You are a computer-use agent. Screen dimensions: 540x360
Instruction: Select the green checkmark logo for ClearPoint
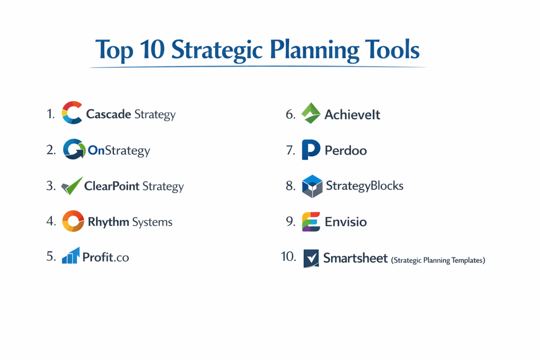[72, 186]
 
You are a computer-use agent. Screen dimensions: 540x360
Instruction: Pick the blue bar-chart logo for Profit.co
[71, 255]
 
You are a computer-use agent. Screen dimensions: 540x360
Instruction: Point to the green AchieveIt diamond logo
[311, 113]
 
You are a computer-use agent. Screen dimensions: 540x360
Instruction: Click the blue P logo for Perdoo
[311, 149]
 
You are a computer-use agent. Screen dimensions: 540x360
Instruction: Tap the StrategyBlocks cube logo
[312, 186]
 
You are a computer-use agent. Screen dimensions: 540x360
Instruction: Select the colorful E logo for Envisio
[311, 222]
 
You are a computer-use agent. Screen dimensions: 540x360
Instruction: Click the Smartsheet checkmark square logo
[311, 258]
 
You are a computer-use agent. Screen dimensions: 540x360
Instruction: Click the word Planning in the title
[314, 50]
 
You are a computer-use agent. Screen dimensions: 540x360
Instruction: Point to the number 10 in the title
[152, 49]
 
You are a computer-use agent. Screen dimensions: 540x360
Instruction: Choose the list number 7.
[291, 150]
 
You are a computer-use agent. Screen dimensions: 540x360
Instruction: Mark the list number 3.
[51, 186]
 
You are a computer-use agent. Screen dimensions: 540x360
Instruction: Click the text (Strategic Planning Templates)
[438, 260]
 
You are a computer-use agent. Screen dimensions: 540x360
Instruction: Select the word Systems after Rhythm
[152, 222]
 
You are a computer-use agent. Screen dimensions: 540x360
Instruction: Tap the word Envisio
[346, 222]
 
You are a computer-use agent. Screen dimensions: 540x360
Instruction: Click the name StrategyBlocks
[365, 186]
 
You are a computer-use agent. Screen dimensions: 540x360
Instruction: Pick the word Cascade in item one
[109, 114]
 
